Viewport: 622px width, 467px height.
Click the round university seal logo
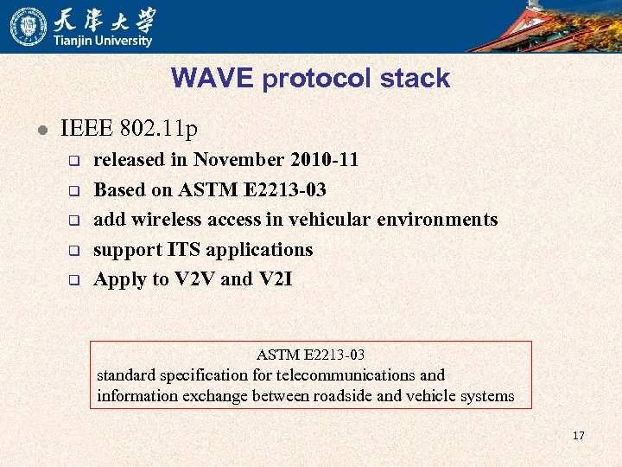tap(28, 26)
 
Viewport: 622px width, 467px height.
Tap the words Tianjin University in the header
tap(103, 41)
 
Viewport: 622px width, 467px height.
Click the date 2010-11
tap(325, 160)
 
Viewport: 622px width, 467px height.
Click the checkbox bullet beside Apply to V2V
tap(74, 280)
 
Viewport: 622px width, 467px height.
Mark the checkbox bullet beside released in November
tap(74, 161)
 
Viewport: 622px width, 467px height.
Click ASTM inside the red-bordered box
tap(276, 355)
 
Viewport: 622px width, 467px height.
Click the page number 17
tap(578, 435)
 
